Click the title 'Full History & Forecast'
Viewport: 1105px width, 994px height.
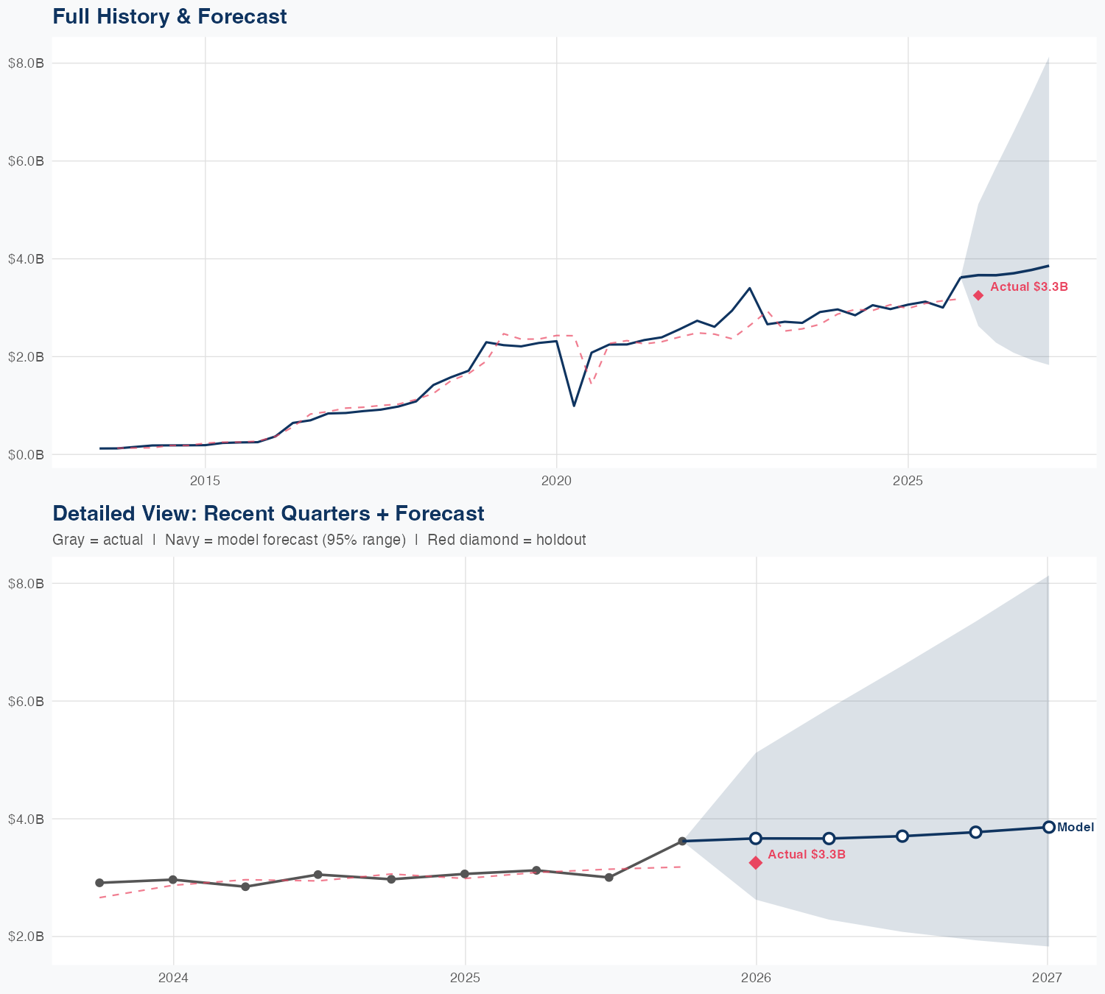[x=169, y=16]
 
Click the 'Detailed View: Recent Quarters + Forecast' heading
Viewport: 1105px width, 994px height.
[x=268, y=513]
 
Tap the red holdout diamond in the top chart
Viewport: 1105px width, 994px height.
[x=978, y=295]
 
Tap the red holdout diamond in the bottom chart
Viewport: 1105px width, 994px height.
[x=756, y=862]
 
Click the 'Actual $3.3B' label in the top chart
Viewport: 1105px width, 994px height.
[x=1028, y=286]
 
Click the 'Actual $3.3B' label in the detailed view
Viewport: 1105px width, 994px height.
[x=806, y=854]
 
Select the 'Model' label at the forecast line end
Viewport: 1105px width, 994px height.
[x=1076, y=827]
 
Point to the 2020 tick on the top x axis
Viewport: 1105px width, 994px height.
[x=556, y=481]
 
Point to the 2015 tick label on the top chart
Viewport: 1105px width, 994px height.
[x=205, y=481]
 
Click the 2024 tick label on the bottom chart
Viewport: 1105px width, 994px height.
[x=174, y=978]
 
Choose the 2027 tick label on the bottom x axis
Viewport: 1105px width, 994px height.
[x=1047, y=978]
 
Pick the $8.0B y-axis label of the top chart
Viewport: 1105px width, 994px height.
[x=26, y=63]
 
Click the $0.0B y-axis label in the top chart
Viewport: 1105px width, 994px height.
[x=26, y=454]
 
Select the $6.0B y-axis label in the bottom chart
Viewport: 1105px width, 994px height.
[x=26, y=701]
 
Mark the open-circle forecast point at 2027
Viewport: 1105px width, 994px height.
[x=1048, y=827]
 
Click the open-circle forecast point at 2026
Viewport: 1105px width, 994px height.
[x=756, y=838]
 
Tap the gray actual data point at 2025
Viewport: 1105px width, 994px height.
[x=464, y=874]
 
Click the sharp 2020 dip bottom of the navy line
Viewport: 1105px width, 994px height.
[x=574, y=406]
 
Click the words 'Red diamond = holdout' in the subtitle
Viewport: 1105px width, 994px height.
[x=506, y=540]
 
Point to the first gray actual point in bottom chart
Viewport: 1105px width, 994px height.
[x=99, y=883]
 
